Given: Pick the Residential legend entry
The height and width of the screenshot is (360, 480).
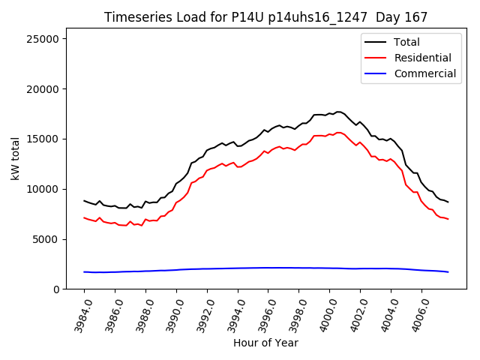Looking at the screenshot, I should [422, 58].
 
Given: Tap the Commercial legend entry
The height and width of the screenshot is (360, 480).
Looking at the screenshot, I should [424, 73].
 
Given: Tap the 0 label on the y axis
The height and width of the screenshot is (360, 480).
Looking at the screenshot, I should [57, 289].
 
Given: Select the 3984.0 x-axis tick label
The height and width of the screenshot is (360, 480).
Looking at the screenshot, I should [79, 313].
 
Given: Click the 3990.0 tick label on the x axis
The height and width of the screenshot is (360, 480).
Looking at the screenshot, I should [171, 313].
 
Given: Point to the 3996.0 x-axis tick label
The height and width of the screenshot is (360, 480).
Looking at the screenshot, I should [263, 313].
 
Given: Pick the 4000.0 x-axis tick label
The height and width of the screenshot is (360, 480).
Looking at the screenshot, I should [325, 313].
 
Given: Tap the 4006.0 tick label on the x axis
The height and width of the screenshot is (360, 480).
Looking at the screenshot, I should [416, 313].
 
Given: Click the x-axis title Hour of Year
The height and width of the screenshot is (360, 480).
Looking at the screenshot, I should [265, 343].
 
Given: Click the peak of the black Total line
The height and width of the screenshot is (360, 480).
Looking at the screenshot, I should [338, 112].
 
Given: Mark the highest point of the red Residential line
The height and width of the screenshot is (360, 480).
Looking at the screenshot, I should [338, 133].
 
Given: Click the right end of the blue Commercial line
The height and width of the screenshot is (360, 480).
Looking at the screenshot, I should [448, 272].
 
